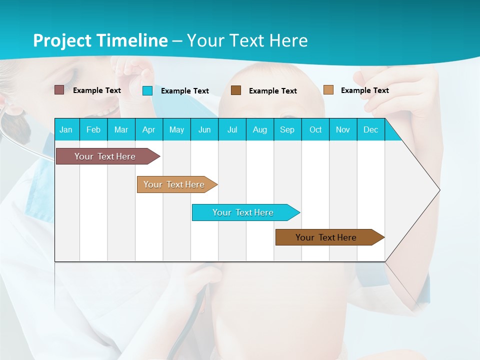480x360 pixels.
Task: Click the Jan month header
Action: [66, 129]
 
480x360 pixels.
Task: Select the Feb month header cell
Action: [93, 129]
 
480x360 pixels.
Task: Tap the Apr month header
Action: [149, 129]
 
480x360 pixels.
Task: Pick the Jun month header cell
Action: [204, 129]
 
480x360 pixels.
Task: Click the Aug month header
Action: [260, 129]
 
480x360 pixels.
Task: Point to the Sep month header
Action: [287, 129]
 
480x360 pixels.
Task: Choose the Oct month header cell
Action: [315, 129]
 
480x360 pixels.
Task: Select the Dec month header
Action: [371, 129]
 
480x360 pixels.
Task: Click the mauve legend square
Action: [59, 90]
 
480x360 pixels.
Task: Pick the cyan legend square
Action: [147, 90]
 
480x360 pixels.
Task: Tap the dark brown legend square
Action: [236, 90]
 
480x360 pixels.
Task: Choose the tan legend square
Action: [328, 90]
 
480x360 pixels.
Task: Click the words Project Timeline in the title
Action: [100, 40]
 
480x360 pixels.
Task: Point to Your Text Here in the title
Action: [247, 40]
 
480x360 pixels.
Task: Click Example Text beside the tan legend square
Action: [364, 90]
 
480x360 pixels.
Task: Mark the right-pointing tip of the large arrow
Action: [439, 190]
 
